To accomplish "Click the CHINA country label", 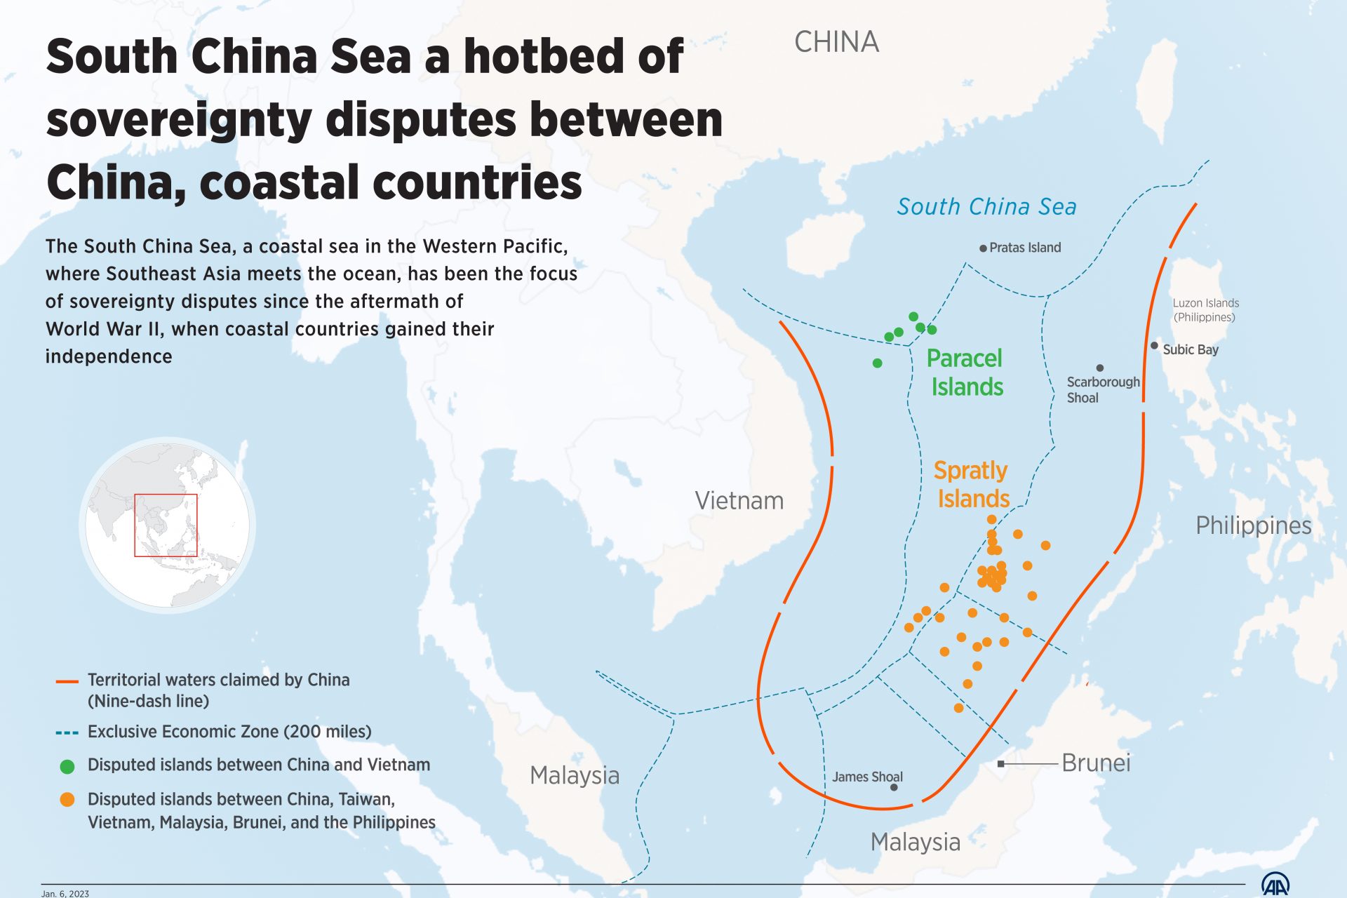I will tap(836, 42).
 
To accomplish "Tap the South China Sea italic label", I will tap(986, 207).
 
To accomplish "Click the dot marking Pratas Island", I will tap(983, 248).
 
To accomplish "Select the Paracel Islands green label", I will tap(965, 373).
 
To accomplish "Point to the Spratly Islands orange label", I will tap(972, 484).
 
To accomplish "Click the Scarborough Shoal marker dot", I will tap(1100, 368).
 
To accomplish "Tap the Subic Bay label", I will tap(1191, 349).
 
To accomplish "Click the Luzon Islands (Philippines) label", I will tap(1205, 310).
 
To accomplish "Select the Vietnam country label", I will tap(739, 501).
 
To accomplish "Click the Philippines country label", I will tap(1253, 525).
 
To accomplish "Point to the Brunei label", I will tap(1096, 763).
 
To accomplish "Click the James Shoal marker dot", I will tap(894, 787).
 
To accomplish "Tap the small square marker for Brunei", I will tap(1001, 763).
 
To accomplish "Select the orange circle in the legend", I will tap(67, 800).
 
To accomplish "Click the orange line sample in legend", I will tap(67, 681).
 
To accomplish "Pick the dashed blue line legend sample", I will tap(67, 732).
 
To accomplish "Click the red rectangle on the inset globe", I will tap(166, 525).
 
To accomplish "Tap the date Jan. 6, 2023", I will tap(65, 893).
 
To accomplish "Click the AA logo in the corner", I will tap(1275, 885).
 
